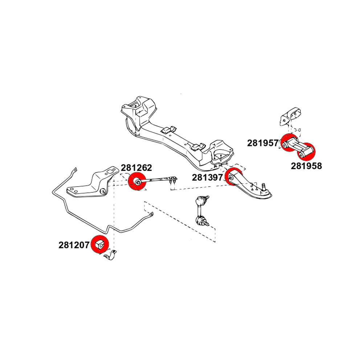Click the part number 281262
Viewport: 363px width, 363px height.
(136, 168)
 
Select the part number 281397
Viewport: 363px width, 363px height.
(208, 178)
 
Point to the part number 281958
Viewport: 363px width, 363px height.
(306, 166)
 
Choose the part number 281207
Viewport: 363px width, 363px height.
(74, 245)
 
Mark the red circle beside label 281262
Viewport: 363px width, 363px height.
(138, 182)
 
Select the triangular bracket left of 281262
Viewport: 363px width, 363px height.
(89, 185)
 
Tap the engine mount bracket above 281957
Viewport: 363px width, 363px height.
(290, 116)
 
